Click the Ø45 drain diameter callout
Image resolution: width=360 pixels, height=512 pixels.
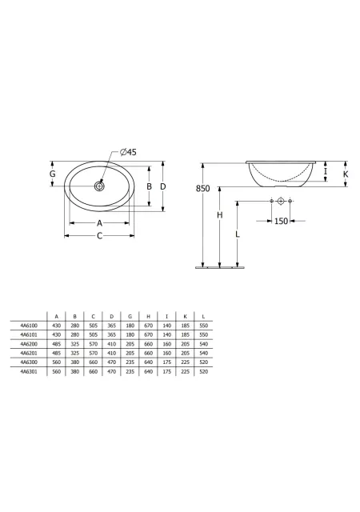tap(128, 152)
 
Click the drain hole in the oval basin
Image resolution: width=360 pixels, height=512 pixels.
tap(99, 186)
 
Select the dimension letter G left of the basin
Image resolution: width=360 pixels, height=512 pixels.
tap(52, 174)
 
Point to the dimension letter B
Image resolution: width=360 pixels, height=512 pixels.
tap(149, 186)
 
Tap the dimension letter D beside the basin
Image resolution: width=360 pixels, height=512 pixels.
tap(163, 186)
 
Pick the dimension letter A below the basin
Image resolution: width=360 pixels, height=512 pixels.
tap(100, 223)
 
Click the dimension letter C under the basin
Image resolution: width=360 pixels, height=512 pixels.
tap(100, 236)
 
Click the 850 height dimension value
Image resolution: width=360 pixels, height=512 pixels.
tap(203, 189)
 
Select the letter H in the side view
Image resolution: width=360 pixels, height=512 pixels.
tap(220, 215)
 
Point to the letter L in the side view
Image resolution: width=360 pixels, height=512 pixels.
tap(238, 234)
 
